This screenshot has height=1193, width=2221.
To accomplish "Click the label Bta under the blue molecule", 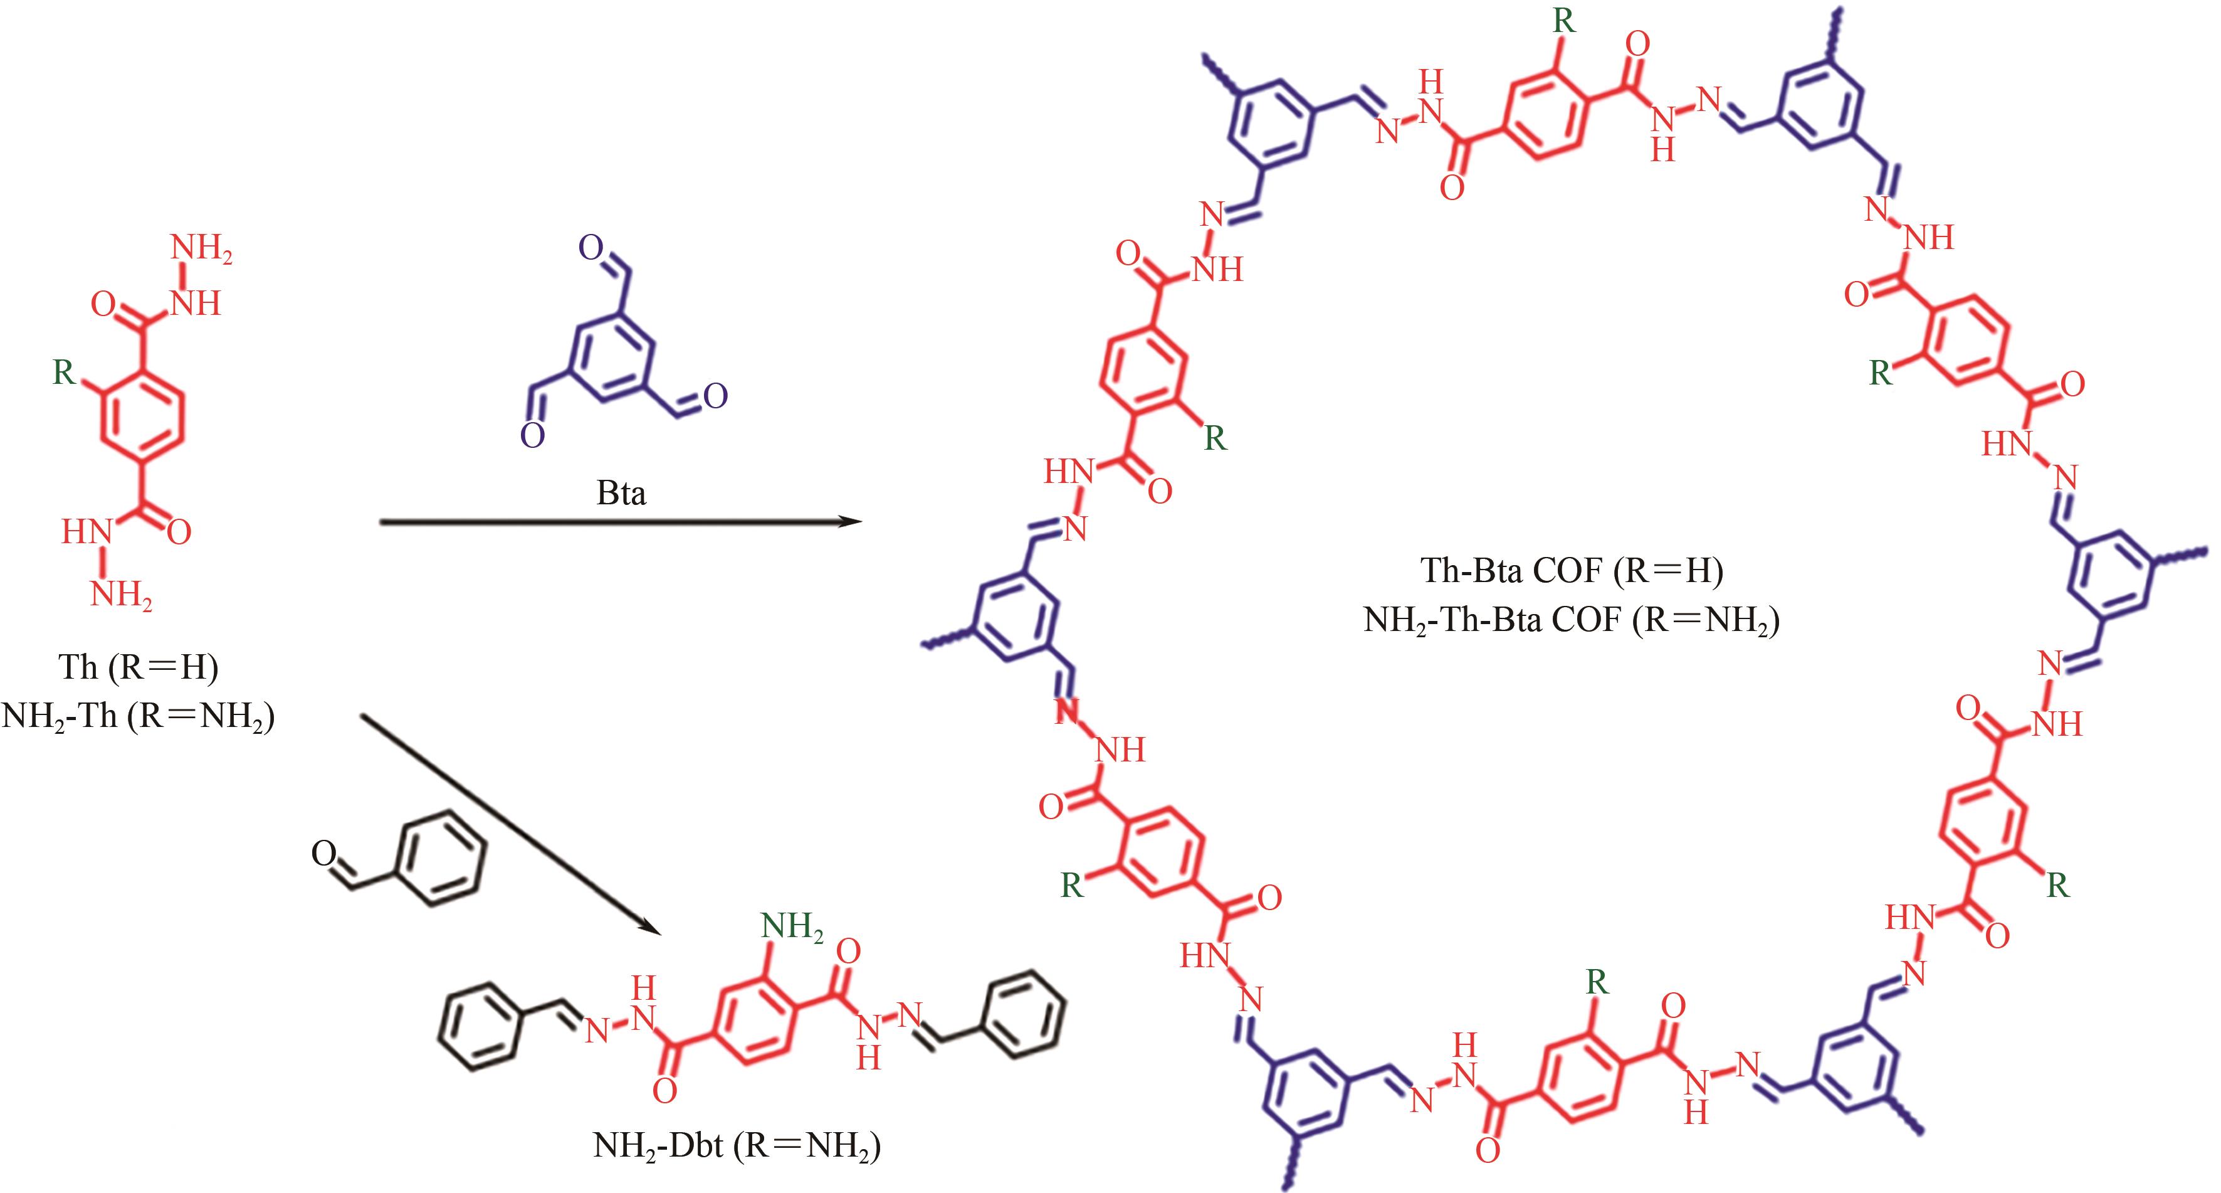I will [x=621, y=494].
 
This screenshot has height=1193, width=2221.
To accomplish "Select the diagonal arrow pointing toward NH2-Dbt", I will [x=508, y=824].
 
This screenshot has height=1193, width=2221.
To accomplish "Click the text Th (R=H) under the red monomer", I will [x=138, y=667].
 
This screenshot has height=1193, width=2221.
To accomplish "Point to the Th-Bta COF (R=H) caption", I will [x=1571, y=570].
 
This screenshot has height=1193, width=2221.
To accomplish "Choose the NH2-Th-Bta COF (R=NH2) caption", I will [x=1571, y=620].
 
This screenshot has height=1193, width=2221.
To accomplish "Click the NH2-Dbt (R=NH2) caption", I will [x=737, y=1145].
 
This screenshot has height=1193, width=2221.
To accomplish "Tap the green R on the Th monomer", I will [x=64, y=373].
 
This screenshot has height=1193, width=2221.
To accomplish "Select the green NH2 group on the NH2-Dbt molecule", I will [x=792, y=927].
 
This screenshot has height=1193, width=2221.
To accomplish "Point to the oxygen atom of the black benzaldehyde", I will [x=323, y=854].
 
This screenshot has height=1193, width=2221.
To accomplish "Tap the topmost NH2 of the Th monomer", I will [x=202, y=248].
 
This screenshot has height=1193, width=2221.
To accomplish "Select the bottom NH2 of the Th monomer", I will [x=122, y=595].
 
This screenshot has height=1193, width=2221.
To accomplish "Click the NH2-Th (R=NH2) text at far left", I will [x=138, y=716].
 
